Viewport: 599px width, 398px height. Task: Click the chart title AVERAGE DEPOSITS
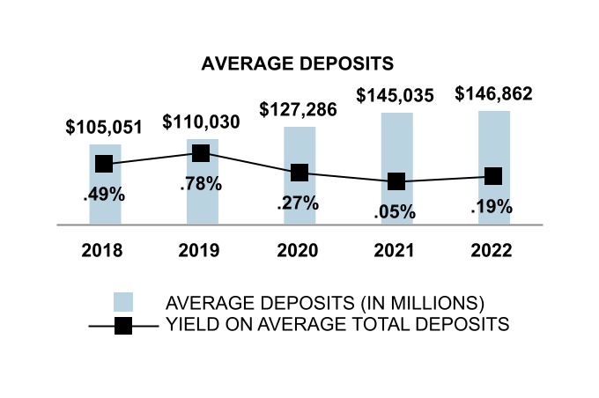[297, 64]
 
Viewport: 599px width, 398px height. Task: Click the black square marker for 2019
[201, 153]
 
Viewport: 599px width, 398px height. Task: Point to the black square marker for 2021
[396, 181]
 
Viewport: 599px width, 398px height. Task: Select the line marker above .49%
[104, 164]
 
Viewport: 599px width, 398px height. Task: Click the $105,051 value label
[104, 127]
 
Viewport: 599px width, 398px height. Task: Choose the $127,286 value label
[299, 110]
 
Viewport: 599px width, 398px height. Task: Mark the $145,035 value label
[396, 96]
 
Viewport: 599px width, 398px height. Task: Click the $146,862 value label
[493, 93]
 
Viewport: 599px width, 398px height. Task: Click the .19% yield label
[493, 207]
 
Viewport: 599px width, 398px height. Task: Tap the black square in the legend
[122, 325]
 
